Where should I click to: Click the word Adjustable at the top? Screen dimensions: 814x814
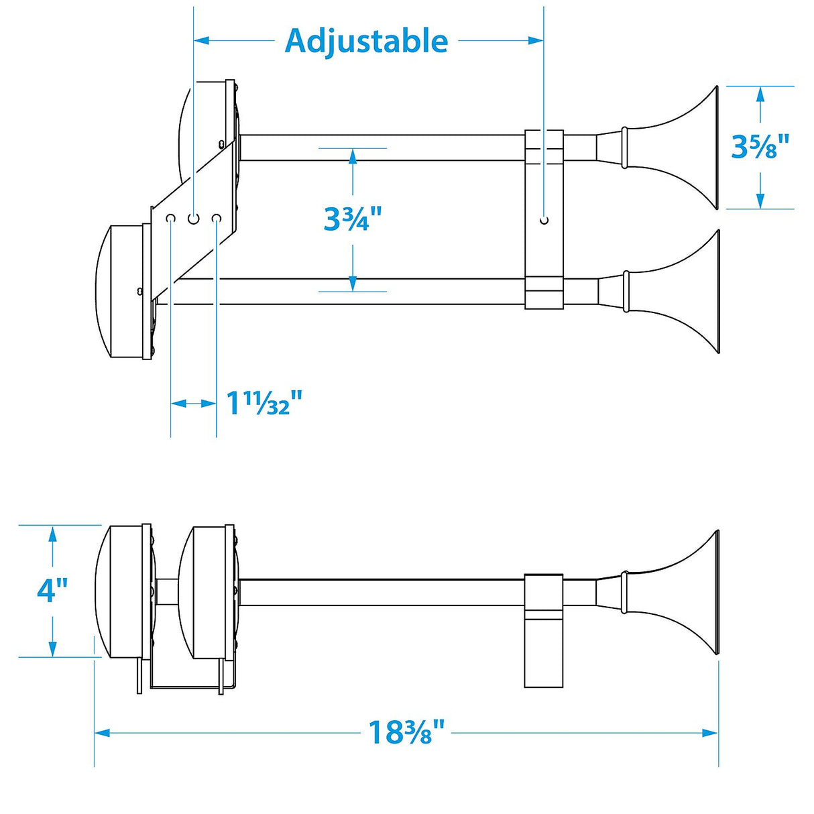tap(366, 41)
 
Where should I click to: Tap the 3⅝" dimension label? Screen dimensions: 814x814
tap(760, 147)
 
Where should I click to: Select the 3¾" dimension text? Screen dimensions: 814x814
tap(352, 219)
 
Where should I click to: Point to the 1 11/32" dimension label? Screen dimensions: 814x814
tap(264, 403)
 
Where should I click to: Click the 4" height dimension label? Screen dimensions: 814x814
tap(52, 590)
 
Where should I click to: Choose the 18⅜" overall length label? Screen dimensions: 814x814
tap(406, 732)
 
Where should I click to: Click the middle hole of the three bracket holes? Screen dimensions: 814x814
tap(194, 219)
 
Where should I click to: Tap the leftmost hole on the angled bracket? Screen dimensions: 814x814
tap(171, 219)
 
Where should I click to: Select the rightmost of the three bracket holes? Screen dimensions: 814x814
tap(217, 219)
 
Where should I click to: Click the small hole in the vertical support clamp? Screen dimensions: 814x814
tap(544, 220)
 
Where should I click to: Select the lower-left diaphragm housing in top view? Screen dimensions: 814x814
tap(121, 292)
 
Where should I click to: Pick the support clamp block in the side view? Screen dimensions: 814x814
tap(543, 630)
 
